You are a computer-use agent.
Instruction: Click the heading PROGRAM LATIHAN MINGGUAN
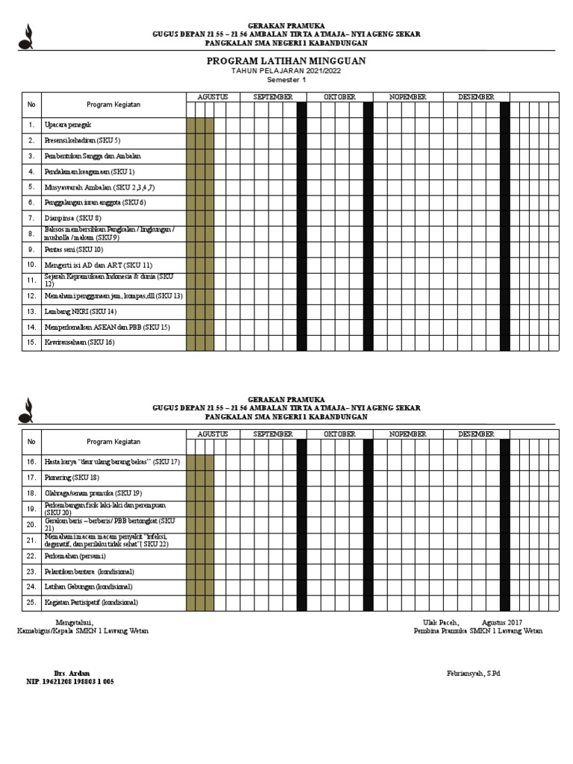coord(286,60)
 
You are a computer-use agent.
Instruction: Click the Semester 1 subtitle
coord(286,80)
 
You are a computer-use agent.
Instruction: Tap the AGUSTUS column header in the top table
coord(213,97)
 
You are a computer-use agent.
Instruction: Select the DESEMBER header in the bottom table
coord(476,434)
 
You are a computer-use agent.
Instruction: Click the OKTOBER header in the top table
coord(339,97)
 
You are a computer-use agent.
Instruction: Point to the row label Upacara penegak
coord(68,125)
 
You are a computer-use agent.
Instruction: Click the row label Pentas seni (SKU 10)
coord(73,249)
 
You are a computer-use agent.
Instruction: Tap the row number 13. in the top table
coord(31,311)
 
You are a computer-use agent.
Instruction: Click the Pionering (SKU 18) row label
coord(72,477)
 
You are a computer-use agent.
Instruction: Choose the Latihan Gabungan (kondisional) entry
coord(88,586)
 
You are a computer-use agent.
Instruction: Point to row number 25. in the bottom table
coord(31,602)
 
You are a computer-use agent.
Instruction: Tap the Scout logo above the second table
coord(26,410)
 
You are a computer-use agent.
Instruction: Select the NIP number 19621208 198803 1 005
coord(70,682)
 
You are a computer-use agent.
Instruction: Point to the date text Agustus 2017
coord(502,622)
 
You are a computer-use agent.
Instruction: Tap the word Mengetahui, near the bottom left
coord(75,622)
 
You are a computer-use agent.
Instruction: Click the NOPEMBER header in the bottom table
coord(407,434)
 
